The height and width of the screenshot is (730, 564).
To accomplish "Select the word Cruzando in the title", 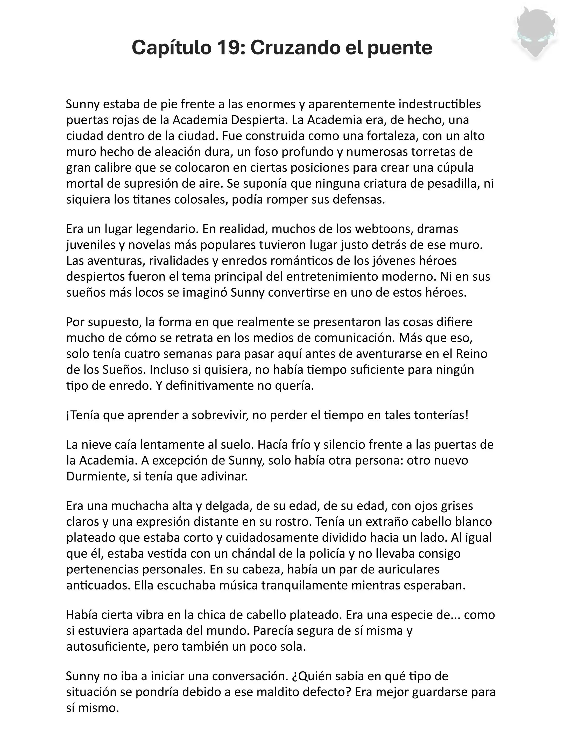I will (293, 47).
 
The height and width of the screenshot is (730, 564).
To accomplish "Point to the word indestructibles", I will (440, 104).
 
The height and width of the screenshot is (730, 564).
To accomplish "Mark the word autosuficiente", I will (107, 647).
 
